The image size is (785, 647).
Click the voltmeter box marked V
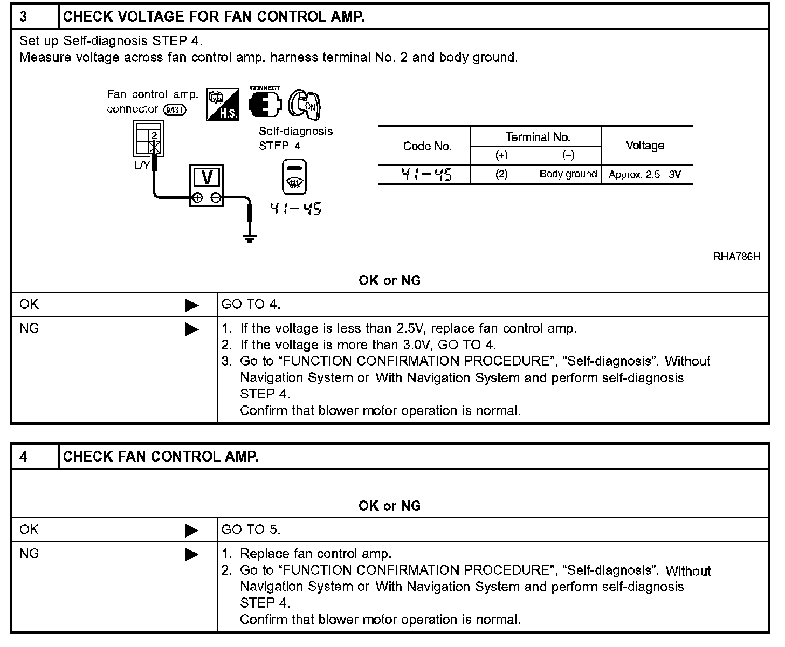206,185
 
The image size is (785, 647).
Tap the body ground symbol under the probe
249,238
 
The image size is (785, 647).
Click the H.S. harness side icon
222,104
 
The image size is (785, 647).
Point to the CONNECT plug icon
265,103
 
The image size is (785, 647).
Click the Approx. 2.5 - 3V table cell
645,175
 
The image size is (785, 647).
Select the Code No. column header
427,146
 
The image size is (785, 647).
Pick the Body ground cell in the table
568,174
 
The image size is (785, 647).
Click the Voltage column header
645,146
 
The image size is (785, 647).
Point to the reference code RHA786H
736,257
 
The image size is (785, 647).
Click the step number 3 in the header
24,17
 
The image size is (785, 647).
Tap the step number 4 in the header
24,457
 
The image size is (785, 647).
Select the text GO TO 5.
251,530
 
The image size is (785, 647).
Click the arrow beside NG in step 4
192,554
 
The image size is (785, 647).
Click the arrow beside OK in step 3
192,305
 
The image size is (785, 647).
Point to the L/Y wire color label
141,165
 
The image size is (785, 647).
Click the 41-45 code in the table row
426,174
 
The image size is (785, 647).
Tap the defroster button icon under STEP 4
294,177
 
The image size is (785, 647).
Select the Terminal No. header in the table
538,137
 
